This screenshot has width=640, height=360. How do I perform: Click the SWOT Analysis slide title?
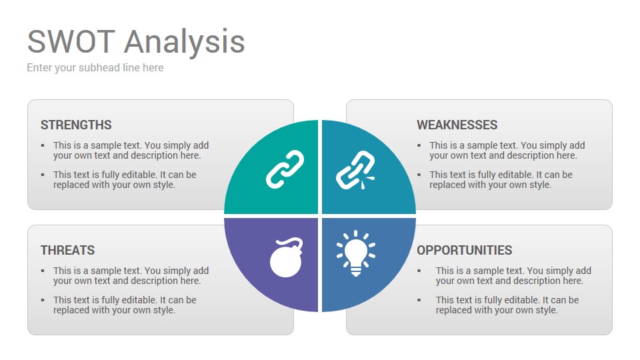point(136,41)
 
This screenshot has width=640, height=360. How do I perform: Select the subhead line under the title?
point(95,68)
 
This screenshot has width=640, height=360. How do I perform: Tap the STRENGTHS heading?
point(76,125)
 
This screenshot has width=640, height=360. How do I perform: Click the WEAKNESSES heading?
point(457,125)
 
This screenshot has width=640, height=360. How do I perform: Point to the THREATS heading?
point(68,250)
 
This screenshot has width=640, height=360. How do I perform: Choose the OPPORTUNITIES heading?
point(464,250)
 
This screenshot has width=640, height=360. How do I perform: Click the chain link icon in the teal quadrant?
point(285,169)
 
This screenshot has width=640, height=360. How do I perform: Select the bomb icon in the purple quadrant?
point(287,257)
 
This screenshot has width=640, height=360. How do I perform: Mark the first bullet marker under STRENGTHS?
point(43,145)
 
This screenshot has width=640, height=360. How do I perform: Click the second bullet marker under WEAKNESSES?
point(419,175)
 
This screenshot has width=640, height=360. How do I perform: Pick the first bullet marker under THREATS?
point(43,271)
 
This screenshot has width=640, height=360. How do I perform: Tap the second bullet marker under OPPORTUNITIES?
point(419,300)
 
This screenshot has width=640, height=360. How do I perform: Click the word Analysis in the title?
point(185,43)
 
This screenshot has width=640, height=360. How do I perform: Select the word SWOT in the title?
point(71,41)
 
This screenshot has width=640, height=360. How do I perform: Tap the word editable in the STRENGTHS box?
point(141,175)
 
